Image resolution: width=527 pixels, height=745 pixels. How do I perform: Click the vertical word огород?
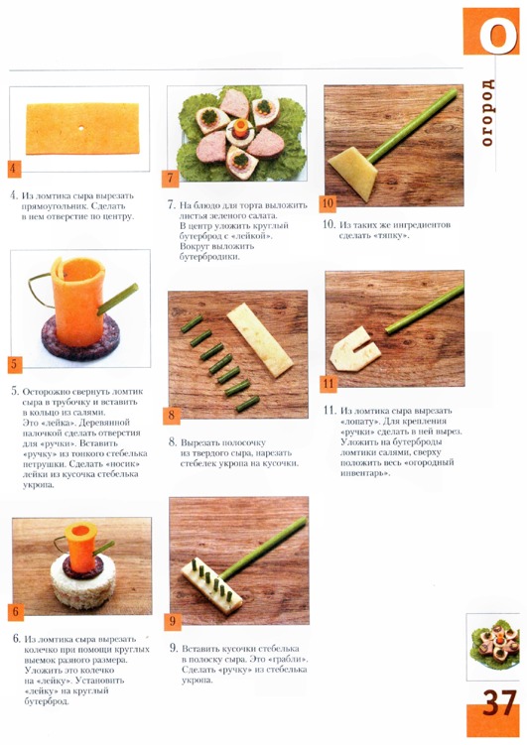pos(487,112)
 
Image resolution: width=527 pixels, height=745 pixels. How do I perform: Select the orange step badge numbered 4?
pos(14,169)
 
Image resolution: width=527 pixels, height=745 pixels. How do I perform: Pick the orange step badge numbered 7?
pos(170,179)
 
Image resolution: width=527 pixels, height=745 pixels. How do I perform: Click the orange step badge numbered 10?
pos(328,203)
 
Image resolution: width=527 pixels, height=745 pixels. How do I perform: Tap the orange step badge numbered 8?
pos(172,415)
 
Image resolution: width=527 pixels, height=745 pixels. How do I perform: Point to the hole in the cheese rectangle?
pos(81,128)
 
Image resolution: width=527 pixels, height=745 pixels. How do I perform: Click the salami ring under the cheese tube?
pos(80,337)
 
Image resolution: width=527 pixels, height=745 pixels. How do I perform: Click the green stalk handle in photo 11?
pos(425,309)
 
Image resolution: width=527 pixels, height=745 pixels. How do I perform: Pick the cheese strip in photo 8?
pos(259,339)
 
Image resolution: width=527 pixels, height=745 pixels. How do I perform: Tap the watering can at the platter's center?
pos(240,129)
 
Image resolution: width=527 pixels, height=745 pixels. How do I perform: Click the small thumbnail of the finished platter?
pos(492,647)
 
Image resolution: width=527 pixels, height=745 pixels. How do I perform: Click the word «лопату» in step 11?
pos(358,422)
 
